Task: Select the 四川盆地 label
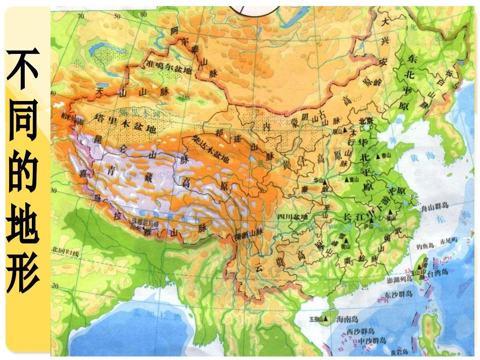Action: coord(292,217)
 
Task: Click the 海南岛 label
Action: coord(347,319)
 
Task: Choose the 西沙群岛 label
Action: coord(361,331)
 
